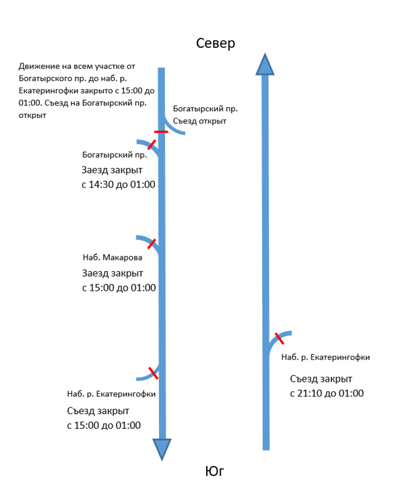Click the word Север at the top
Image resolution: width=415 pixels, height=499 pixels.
[216, 43]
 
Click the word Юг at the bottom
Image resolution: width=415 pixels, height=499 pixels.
[214, 471]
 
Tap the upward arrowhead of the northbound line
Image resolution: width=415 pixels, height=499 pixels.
[265, 64]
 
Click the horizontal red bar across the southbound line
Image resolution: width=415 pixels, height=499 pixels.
[161, 131]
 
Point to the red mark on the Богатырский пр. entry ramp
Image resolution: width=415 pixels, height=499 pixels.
[152, 144]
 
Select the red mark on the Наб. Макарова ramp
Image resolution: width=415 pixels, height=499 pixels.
[152, 244]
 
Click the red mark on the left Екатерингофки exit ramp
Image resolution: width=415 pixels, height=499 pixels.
[154, 373]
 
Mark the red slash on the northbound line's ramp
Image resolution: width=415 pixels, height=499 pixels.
[279, 339]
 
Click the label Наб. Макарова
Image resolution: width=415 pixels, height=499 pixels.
[113, 258]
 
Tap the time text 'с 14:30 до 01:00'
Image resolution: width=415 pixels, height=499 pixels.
[119, 185]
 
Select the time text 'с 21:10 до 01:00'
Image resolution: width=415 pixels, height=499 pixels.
[327, 393]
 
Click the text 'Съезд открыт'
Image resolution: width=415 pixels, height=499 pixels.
[199, 121]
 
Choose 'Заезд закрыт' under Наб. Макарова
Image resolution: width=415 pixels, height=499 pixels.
[113, 273]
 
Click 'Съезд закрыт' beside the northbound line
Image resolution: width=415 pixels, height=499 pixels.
[321, 379]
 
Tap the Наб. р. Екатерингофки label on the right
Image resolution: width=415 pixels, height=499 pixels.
[325, 357]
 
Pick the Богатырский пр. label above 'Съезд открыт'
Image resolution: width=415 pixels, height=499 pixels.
[205, 109]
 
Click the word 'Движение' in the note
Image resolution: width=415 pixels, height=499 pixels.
[39, 66]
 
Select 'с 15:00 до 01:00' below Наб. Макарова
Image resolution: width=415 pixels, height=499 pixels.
[119, 288]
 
